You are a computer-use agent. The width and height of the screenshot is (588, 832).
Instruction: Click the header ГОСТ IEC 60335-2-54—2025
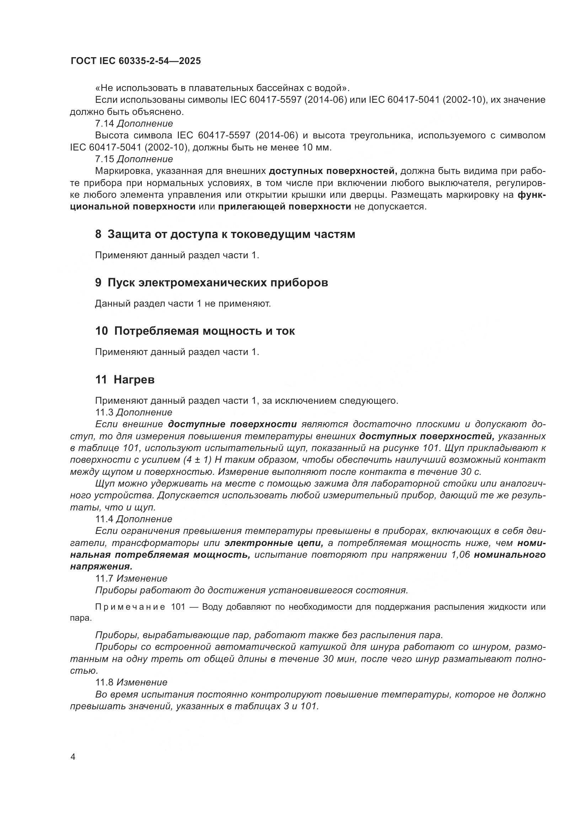(x=136, y=61)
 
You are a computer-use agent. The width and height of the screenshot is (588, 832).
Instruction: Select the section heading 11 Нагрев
(x=125, y=380)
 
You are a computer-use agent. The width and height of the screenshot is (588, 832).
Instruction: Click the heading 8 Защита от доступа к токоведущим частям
(x=225, y=234)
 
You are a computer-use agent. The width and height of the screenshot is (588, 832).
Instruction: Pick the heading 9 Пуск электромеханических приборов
(x=212, y=282)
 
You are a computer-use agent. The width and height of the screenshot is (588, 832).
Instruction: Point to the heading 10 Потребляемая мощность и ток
(x=195, y=331)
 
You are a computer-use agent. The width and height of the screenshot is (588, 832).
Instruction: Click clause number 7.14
(x=104, y=123)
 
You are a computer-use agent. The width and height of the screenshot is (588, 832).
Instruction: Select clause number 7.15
(x=104, y=159)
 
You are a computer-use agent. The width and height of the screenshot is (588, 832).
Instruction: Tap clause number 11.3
(x=104, y=412)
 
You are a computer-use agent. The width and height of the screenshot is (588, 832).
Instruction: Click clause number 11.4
(x=104, y=519)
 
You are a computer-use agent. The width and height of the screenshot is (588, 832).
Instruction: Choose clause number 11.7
(x=104, y=578)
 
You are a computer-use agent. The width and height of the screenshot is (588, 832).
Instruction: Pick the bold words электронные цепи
(x=274, y=543)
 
